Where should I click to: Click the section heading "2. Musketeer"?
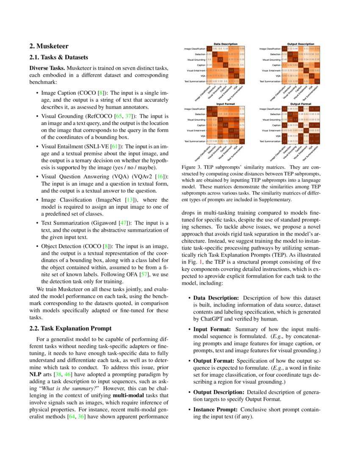click(x=48, y=46)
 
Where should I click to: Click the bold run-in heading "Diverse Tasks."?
click(x=47, y=68)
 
